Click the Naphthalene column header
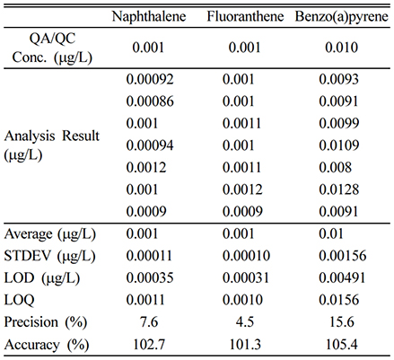tap(149, 17)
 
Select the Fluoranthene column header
tap(245, 17)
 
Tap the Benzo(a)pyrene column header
tap(342, 17)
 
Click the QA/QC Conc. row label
tap(52, 48)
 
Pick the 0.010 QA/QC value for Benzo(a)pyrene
tap(342, 48)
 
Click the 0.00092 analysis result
tap(150, 79)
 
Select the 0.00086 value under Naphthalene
tap(150, 101)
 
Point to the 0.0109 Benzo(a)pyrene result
tap(338, 145)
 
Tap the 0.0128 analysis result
tap(338, 189)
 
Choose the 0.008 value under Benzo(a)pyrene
tap(335, 168)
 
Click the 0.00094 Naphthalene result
tap(150, 145)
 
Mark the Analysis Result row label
tap(51, 145)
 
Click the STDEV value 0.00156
tap(342, 256)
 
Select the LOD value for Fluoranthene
tap(246, 278)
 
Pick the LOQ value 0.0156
tap(338, 300)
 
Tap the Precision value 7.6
tap(149, 322)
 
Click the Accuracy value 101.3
tap(245, 345)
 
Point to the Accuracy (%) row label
tap(47, 345)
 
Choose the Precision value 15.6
tap(342, 322)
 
